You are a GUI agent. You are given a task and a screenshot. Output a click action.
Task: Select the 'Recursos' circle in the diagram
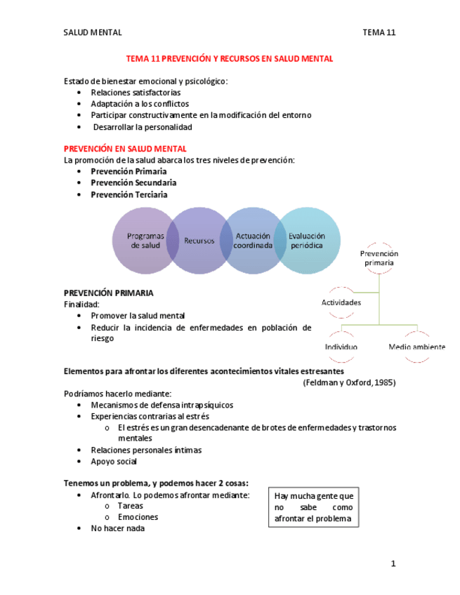tap(199, 241)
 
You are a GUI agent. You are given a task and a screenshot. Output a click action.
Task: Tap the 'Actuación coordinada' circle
tap(254, 241)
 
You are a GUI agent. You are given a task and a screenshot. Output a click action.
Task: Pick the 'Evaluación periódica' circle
tap(307, 241)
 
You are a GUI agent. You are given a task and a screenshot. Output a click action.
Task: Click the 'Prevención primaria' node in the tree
tap(379, 258)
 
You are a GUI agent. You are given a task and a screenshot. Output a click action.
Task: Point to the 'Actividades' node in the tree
tap(341, 302)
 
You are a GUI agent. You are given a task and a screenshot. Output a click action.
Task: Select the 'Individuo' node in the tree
tap(341, 347)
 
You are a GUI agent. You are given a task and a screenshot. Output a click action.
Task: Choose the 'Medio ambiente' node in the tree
tap(416, 347)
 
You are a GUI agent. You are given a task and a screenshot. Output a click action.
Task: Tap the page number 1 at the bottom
tap(393, 563)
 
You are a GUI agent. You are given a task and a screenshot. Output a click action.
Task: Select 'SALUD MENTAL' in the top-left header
tap(93, 32)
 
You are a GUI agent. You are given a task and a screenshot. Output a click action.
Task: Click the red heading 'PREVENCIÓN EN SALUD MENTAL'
tap(125, 149)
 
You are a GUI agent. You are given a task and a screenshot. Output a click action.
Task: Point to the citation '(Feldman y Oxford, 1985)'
tap(348, 383)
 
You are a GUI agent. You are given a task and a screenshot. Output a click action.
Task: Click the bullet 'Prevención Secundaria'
tap(133, 183)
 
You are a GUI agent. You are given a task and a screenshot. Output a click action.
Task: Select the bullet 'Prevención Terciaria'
tap(129, 194)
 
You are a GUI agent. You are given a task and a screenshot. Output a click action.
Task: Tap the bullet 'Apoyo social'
tap(114, 462)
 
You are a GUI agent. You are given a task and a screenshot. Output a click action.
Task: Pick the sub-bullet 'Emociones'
tap(138, 517)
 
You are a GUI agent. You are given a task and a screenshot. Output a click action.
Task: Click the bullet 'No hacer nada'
tap(117, 528)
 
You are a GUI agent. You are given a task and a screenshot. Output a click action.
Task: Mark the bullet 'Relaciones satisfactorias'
tap(136, 93)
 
